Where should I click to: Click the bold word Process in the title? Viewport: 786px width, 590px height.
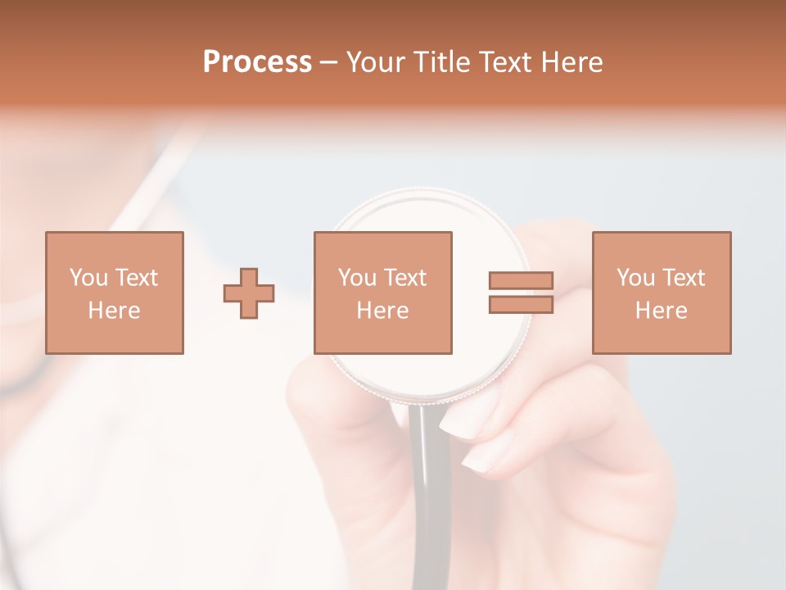[x=257, y=62]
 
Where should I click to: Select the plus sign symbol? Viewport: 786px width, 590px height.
[x=249, y=293]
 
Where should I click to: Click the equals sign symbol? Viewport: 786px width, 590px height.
[x=521, y=293]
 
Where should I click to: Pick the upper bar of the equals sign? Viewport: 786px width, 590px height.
[x=521, y=281]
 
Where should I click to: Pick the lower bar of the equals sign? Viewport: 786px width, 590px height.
[x=521, y=304]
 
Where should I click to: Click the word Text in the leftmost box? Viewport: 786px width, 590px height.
[x=136, y=278]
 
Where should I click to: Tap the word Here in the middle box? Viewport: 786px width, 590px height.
[x=383, y=311]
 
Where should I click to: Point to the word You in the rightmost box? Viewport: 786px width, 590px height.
[x=635, y=278]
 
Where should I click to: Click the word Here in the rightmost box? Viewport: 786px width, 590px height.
[x=662, y=311]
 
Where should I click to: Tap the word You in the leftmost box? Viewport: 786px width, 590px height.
[x=88, y=278]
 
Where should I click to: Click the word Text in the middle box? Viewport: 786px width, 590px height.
[x=405, y=278]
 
